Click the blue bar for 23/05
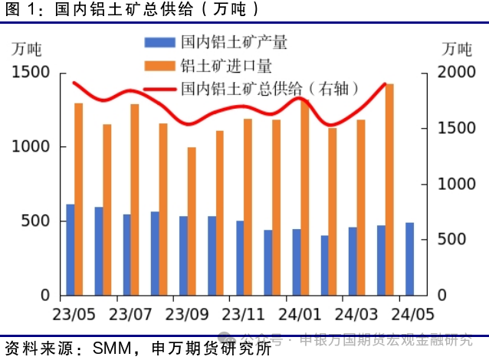pyautogui.click(x=71, y=250)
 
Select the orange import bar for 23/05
pyautogui.click(x=79, y=199)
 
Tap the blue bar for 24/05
pyautogui.click(x=409, y=259)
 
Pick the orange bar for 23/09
pyautogui.click(x=192, y=221)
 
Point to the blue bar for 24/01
pyautogui.click(x=297, y=262)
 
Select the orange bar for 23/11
pyautogui.click(x=248, y=207)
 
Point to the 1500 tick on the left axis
pyautogui.click(x=31, y=73)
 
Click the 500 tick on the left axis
pyautogui.click(x=36, y=221)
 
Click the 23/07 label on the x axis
pyautogui.click(x=130, y=314)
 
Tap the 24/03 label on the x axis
pyautogui.click(x=356, y=314)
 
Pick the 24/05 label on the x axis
pyautogui.click(x=412, y=314)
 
